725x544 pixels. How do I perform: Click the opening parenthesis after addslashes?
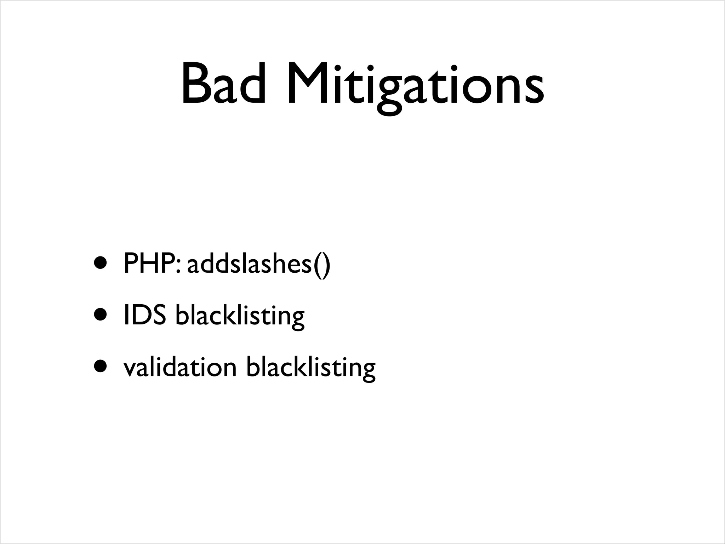click(316, 265)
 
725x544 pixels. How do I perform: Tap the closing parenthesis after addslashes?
click(326, 265)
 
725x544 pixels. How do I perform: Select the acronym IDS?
click(144, 315)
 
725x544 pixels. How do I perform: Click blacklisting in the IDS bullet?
click(240, 316)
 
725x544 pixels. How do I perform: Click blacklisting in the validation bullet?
click(310, 368)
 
